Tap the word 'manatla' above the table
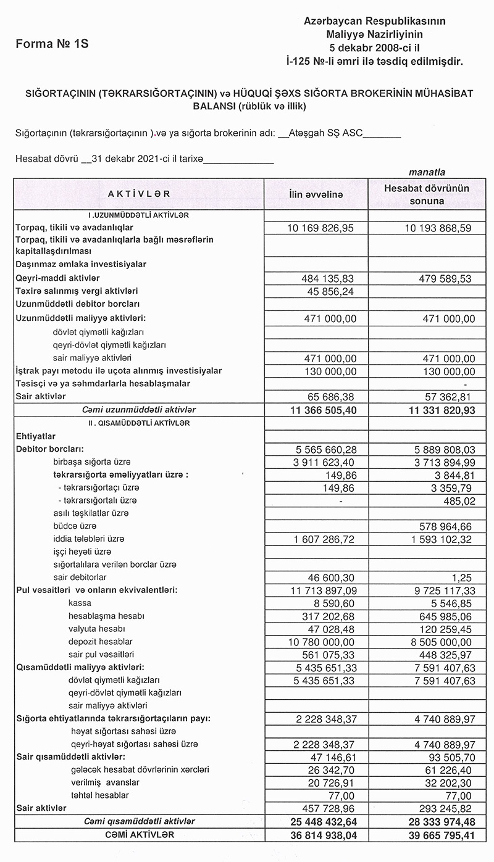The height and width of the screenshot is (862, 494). pos(427,172)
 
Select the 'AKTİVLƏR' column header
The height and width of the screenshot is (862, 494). pos(139,194)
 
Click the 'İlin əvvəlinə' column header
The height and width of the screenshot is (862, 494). pos(316,194)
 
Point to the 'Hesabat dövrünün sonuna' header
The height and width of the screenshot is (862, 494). pos(427,194)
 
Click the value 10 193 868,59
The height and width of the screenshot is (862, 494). pos(438,228)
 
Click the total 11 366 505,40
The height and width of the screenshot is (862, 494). pos(318,410)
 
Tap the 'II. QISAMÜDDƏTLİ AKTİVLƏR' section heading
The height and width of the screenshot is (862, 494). pos(138,423)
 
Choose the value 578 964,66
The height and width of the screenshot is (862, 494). pos(445,526)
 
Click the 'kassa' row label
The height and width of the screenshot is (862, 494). pos(80,603)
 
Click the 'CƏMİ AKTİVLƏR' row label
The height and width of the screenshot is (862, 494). pos(138,834)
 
